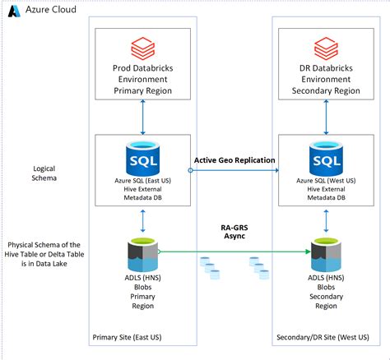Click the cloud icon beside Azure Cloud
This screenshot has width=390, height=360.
(x=15, y=9)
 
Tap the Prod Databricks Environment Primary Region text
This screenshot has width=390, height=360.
(x=144, y=78)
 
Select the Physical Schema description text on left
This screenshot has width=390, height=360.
(x=45, y=256)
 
